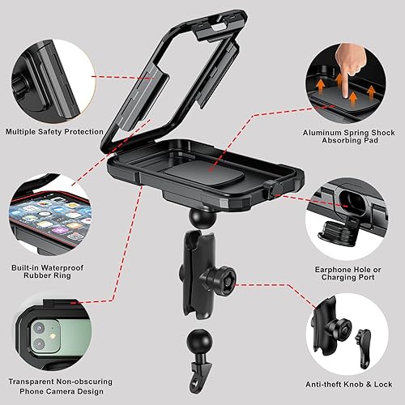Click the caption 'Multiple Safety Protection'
pyautogui.click(x=53, y=131)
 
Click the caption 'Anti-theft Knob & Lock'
pyautogui.click(x=349, y=384)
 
